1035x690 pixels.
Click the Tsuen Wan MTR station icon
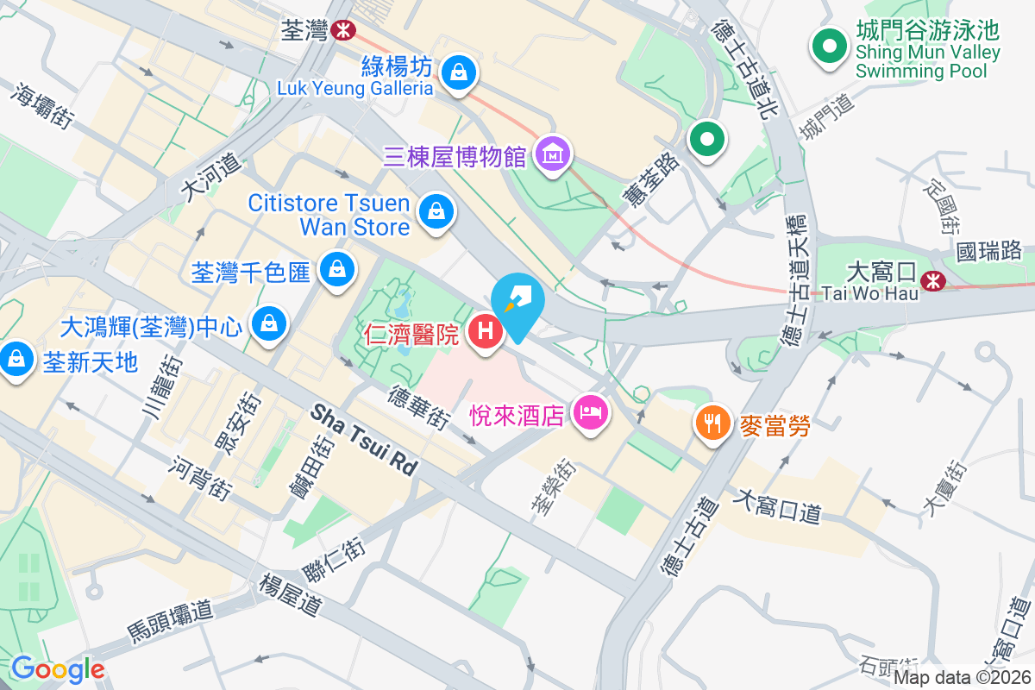pos(343,30)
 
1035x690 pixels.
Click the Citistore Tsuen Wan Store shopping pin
pos(436,210)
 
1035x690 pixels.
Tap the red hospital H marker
pos(486,330)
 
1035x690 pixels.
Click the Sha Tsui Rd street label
pos(365,439)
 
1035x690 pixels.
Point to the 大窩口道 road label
pos(777,505)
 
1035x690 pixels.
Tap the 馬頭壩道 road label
pos(170,621)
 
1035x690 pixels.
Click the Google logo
pos(57,668)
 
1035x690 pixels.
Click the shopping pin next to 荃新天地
pos(16,360)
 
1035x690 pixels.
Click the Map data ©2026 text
pos(962,677)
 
